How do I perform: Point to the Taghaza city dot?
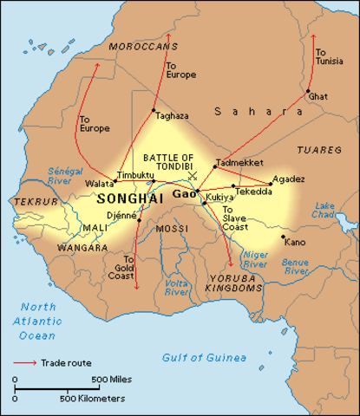tap(154, 110)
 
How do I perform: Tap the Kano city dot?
tap(283, 235)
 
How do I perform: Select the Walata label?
tap(99, 184)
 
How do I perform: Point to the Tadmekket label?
tap(234, 162)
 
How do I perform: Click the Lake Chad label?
tap(324, 209)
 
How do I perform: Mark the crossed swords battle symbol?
tap(193, 177)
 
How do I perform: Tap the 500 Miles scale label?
tap(111, 380)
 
